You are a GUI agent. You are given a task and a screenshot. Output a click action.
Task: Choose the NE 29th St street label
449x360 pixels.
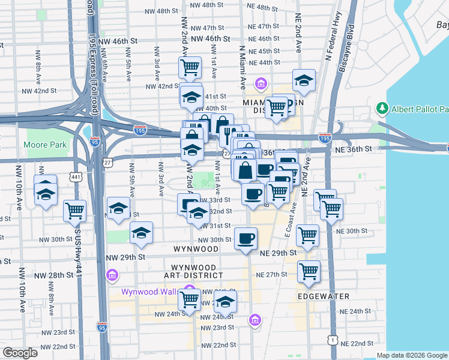(x=279, y=253)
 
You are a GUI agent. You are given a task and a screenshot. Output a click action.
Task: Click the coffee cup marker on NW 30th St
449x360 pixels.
(x=245, y=238)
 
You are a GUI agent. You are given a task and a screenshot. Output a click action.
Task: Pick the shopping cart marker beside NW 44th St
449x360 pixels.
(x=190, y=67)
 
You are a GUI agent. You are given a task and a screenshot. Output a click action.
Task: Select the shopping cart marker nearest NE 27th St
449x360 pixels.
(x=309, y=271)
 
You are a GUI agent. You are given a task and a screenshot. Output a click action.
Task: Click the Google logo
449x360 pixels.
(x=20, y=353)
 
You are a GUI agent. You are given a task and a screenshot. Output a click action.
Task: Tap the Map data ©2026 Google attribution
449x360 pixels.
(x=412, y=355)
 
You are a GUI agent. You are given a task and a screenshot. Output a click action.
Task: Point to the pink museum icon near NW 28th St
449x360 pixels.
(x=111, y=275)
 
